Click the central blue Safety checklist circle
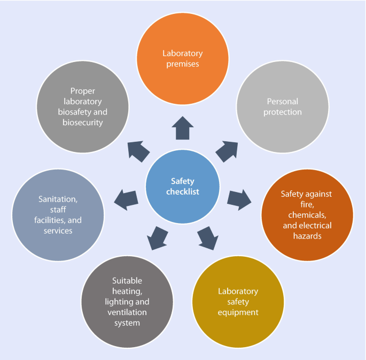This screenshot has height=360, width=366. coord(183,186)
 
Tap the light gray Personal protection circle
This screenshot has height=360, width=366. coord(283,106)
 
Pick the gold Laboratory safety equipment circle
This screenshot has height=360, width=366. coord(238,302)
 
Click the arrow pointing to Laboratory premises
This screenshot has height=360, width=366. coord(183,129)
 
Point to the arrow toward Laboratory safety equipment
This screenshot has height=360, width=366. coord(208,237)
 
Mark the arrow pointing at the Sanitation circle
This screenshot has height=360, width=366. coord(126,198)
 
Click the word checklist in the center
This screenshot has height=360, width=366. coord(183,192)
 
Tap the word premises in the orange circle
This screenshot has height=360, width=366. coord(183,64)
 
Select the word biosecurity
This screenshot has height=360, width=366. coord(82,122)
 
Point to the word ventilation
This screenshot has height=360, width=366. coord(127,312)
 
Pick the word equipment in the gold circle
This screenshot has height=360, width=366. coord(238,312)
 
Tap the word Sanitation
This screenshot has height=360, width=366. coord(58,199)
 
